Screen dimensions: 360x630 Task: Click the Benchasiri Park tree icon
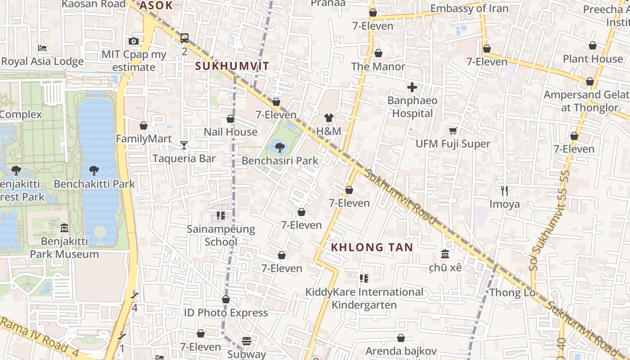[280, 147]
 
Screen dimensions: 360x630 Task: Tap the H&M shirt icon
[329, 118]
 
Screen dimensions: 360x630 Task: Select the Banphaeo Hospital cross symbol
[412, 87]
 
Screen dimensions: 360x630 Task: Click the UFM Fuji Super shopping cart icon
[453, 130]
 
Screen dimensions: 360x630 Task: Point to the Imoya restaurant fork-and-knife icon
[504, 191]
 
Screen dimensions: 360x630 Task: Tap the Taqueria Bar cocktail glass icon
[184, 145]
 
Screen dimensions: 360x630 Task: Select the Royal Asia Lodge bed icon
[42, 48]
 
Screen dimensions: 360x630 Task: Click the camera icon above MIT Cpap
[134, 41]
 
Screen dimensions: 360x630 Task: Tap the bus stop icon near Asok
[184, 38]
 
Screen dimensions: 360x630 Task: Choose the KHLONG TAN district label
[372, 247]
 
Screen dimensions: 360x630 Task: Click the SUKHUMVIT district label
[232, 66]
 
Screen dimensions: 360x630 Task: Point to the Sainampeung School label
[221, 235]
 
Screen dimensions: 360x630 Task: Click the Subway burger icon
[246, 341]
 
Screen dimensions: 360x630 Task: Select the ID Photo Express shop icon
[226, 299]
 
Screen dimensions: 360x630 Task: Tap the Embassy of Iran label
[469, 9]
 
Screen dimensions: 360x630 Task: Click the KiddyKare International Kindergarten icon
[364, 279]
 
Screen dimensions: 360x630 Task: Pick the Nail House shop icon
[230, 119]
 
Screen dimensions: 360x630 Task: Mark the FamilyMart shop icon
[144, 126]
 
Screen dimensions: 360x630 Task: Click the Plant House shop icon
[593, 45]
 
